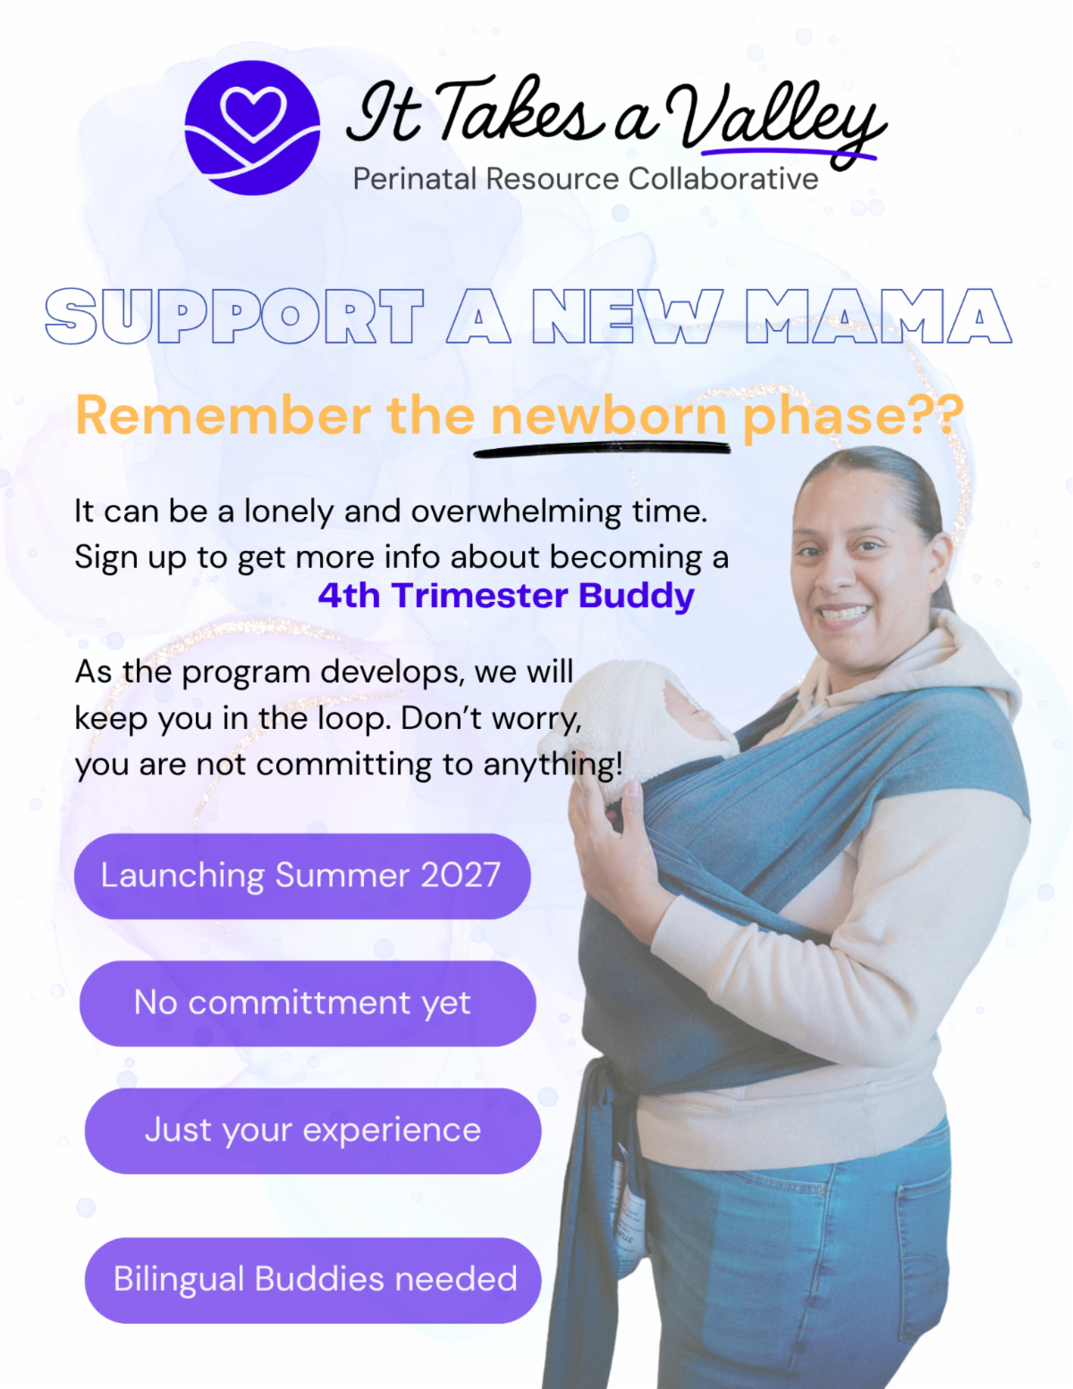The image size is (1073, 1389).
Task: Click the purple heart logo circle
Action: [x=252, y=128]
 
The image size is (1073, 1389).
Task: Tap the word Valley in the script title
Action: [x=776, y=122]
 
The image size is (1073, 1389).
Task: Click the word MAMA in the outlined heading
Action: [x=879, y=316]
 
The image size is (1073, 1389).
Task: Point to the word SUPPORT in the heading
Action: [x=234, y=316]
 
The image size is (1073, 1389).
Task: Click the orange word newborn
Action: [x=608, y=416]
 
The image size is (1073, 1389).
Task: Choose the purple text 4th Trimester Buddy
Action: [x=506, y=596]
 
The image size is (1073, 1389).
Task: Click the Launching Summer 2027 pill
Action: [x=302, y=877]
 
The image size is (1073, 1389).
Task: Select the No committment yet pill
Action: [x=308, y=1004]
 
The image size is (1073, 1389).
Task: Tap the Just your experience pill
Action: [x=313, y=1131]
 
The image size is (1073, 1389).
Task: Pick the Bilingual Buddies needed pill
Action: [x=313, y=1281]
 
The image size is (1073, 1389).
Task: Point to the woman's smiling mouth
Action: [x=844, y=613]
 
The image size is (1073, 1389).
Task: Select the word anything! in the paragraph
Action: [x=553, y=765]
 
